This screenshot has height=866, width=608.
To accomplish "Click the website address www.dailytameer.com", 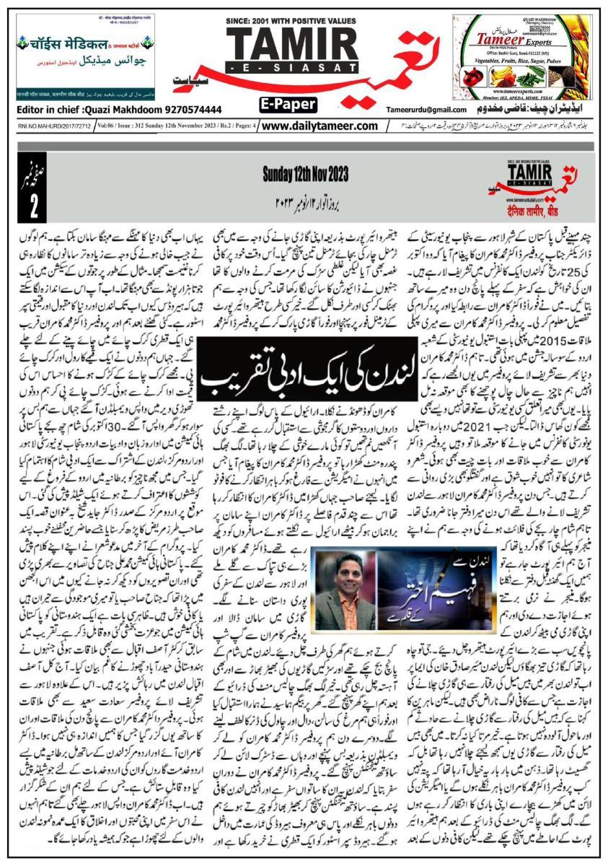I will click(x=320, y=126).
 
